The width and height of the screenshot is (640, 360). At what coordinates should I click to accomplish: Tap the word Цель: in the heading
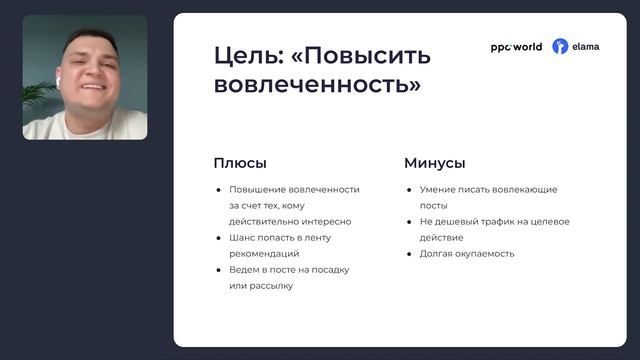[245, 55]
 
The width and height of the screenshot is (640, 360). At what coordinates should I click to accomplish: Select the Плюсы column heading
[240, 163]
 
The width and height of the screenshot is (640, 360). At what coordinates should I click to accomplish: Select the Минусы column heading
[434, 163]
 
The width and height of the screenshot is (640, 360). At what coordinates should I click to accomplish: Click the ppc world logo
[516, 47]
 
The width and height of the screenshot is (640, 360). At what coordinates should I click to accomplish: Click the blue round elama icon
[560, 47]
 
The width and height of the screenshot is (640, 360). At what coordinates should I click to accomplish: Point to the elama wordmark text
[586, 47]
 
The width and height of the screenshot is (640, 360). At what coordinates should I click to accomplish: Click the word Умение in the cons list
[438, 190]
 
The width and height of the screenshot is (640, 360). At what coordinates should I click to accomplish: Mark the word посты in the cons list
[434, 206]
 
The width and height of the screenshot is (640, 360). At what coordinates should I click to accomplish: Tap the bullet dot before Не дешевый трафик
[409, 222]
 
